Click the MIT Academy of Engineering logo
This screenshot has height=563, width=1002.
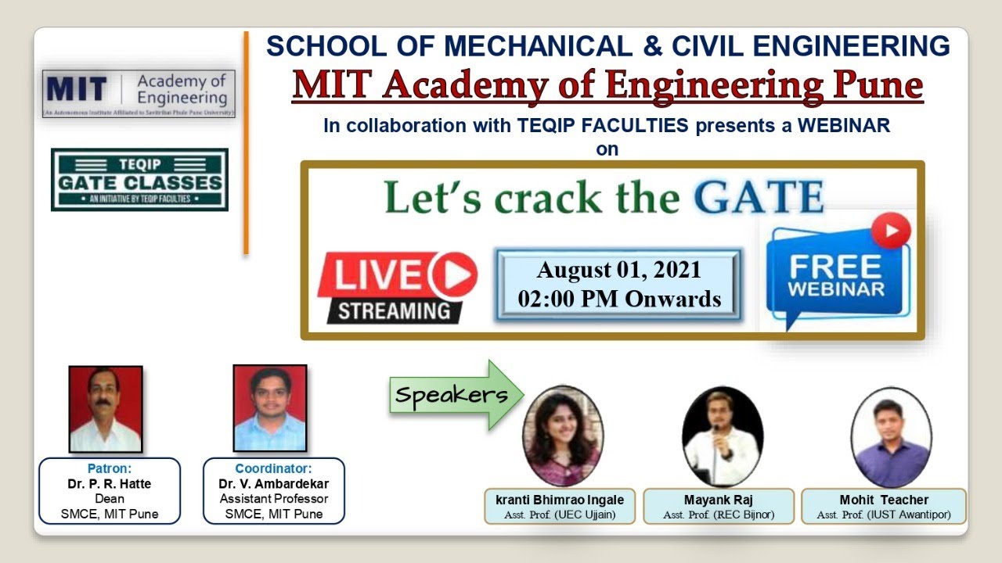(x=139, y=94)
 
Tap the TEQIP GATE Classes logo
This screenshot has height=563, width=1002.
(x=139, y=180)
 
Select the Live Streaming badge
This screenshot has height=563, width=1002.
(x=397, y=287)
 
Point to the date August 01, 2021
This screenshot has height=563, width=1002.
(x=618, y=271)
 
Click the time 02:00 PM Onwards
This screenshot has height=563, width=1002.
(x=618, y=298)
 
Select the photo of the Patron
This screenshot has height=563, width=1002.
(x=106, y=409)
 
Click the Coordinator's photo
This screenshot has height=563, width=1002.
(x=270, y=408)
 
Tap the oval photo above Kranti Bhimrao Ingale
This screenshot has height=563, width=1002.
(x=562, y=436)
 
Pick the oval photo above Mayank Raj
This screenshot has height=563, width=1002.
(x=722, y=436)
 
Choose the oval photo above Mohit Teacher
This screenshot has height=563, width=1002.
(x=891, y=436)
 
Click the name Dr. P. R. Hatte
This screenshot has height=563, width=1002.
(x=110, y=484)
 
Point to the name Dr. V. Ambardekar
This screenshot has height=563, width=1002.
(x=273, y=484)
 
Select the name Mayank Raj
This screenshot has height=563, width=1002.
(x=719, y=500)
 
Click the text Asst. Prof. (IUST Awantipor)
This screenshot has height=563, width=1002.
(x=884, y=515)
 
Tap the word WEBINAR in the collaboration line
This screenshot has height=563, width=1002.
(x=844, y=125)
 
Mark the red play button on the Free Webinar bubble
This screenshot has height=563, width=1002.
(x=891, y=231)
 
